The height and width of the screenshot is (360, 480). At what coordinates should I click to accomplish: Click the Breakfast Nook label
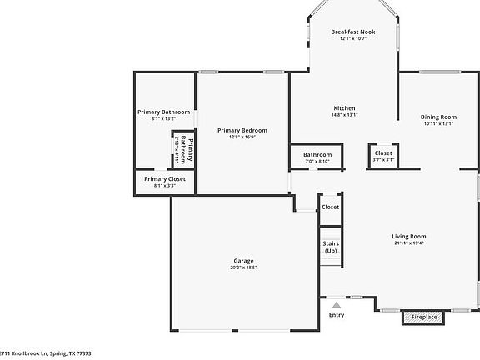pyautogui.click(x=353, y=32)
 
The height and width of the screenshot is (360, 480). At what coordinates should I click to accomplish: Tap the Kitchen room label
pyautogui.click(x=345, y=108)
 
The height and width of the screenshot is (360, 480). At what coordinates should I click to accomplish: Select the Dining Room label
pyautogui.click(x=438, y=117)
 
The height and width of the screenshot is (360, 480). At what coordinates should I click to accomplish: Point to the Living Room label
pyautogui.click(x=409, y=237)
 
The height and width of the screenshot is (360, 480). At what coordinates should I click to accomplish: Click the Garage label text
pyautogui.click(x=243, y=261)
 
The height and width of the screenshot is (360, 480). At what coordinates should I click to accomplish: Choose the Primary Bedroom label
pyautogui.click(x=242, y=130)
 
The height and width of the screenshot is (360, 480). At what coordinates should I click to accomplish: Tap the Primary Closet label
pyautogui.click(x=164, y=178)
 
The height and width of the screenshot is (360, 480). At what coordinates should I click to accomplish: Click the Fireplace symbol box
pyautogui.click(x=423, y=317)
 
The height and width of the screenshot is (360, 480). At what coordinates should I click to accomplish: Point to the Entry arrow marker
pyautogui.click(x=337, y=305)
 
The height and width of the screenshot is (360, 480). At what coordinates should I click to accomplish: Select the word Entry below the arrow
pyautogui.click(x=337, y=315)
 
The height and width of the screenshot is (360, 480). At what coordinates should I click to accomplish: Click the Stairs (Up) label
pyautogui.click(x=331, y=247)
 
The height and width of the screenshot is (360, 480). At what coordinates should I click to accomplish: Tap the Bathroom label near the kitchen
pyautogui.click(x=317, y=154)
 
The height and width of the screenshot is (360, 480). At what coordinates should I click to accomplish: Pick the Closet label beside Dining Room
pyautogui.click(x=383, y=153)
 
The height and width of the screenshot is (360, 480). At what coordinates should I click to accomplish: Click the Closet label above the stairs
pyautogui.click(x=331, y=207)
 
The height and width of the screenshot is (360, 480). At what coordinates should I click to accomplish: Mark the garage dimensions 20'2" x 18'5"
pyautogui.click(x=243, y=268)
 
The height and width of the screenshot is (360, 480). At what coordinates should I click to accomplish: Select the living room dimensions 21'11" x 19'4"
pyautogui.click(x=409, y=244)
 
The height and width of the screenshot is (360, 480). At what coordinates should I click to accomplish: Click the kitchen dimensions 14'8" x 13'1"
pyautogui.click(x=345, y=116)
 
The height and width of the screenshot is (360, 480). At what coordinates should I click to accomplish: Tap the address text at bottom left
pyautogui.click(x=46, y=353)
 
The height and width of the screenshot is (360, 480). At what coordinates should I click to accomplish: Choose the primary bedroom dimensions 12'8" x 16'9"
pyautogui.click(x=242, y=137)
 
